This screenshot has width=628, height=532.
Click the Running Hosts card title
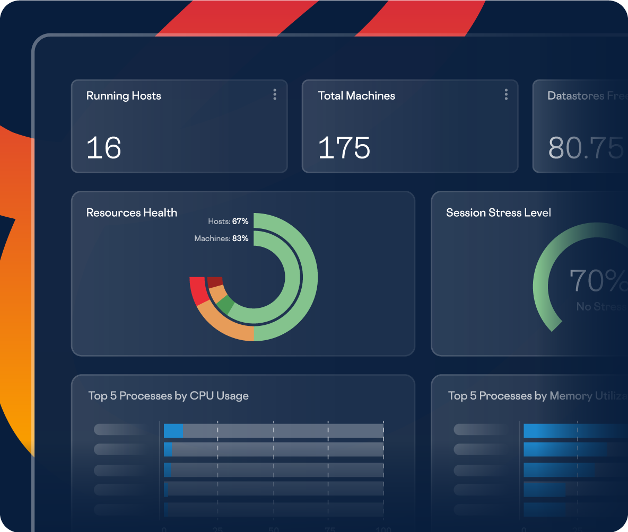tap(124, 96)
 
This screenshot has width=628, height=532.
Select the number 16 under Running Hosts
tap(104, 148)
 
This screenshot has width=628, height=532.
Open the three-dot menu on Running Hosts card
tap(275, 95)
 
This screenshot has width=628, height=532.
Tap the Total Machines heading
tap(356, 96)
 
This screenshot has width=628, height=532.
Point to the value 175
tap(344, 148)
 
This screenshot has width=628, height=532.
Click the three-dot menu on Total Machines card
tap(506, 95)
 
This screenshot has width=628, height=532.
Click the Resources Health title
tap(132, 213)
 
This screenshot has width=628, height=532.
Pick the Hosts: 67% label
tap(229, 221)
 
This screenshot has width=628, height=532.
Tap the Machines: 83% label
tap(221, 239)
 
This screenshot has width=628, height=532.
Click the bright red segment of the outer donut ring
tap(198, 291)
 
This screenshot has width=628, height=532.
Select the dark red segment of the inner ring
tap(215, 281)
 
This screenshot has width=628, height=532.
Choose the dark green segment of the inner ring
tap(225, 305)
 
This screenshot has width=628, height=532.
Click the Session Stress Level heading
tap(499, 213)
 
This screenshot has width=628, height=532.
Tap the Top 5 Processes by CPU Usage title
tap(168, 396)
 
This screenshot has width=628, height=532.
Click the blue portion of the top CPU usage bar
tap(173, 431)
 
